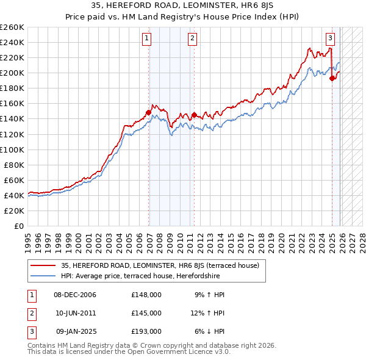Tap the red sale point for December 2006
pos(148,112)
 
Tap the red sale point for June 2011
pos(194,115)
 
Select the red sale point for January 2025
pos(332,78)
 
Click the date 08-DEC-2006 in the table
pos(75,295)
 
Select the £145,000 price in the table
pos(146,313)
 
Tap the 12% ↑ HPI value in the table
pos(209,313)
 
